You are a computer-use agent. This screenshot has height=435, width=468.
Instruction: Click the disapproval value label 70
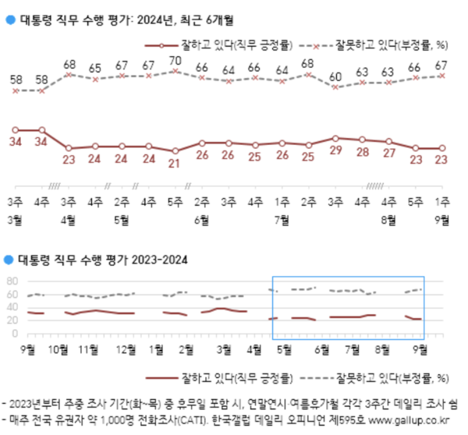tap(175, 60)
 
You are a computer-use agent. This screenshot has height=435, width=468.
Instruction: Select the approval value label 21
tap(175, 164)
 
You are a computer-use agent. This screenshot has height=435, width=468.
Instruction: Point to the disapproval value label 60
tap(335, 76)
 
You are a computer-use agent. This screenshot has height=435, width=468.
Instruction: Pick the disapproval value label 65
tap(95, 68)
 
